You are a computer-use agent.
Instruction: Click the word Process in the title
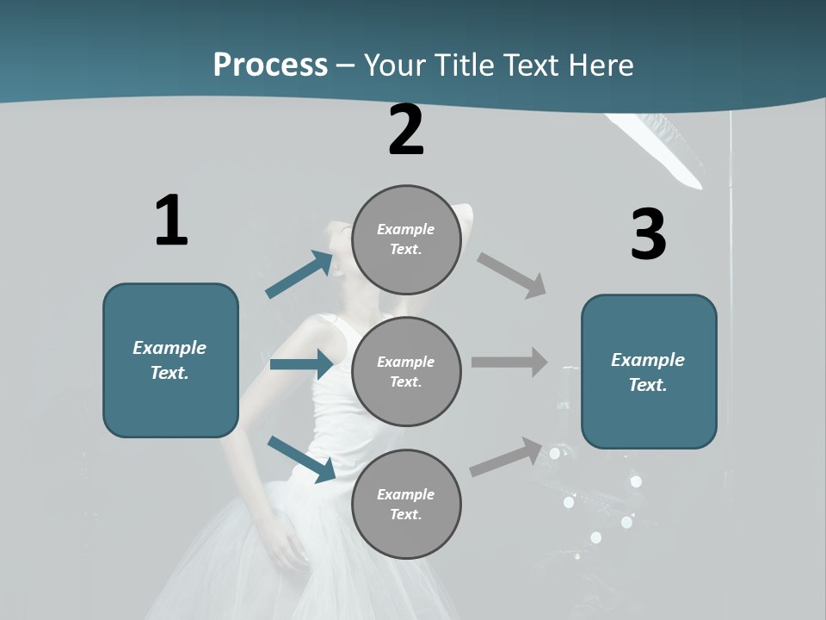[270, 65]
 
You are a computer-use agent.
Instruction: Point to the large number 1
[171, 220]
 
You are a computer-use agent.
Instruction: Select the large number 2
[406, 130]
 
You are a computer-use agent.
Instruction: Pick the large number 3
[648, 234]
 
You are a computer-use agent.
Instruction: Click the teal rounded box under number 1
[170, 360]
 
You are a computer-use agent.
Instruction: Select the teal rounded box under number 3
[649, 372]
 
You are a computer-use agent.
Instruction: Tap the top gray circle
[406, 239]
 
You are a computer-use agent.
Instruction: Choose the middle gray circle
[406, 372]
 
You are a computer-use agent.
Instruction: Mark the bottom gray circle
[406, 505]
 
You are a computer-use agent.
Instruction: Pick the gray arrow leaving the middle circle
[509, 363]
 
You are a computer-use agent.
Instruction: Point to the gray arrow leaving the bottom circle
[507, 456]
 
